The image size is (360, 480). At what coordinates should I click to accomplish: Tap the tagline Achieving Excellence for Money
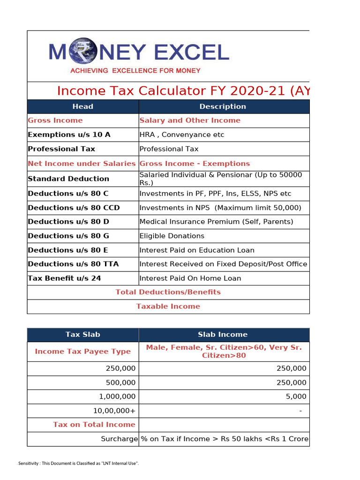pos(135,71)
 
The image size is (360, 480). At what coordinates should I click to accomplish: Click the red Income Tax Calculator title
pos(183,91)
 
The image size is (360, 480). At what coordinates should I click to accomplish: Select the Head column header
pos(83,106)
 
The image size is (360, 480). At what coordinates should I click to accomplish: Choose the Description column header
pos(223,106)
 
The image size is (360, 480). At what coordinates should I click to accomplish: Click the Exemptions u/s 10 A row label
pos(69,135)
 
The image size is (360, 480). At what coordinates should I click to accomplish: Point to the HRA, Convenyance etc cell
pos(182,135)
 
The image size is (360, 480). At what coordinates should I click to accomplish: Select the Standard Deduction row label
pos(68,179)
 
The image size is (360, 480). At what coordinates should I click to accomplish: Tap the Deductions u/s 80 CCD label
pos(74,208)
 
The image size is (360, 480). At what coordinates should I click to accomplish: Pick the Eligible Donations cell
pos(172,236)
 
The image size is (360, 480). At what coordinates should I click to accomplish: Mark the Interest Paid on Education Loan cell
pos(197,250)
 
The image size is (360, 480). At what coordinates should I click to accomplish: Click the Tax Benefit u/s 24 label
pos(64,278)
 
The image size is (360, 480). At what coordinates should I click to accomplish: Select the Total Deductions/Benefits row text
pos(168,292)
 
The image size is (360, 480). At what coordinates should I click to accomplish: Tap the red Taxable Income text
pos(168,306)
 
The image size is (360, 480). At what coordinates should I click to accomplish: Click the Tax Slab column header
pos(83,334)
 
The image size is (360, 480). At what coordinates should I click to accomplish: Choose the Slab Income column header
pos(223,334)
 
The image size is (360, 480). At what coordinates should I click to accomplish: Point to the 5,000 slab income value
pos(297,396)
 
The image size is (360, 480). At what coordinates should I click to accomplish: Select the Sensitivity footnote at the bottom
pos(78,464)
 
